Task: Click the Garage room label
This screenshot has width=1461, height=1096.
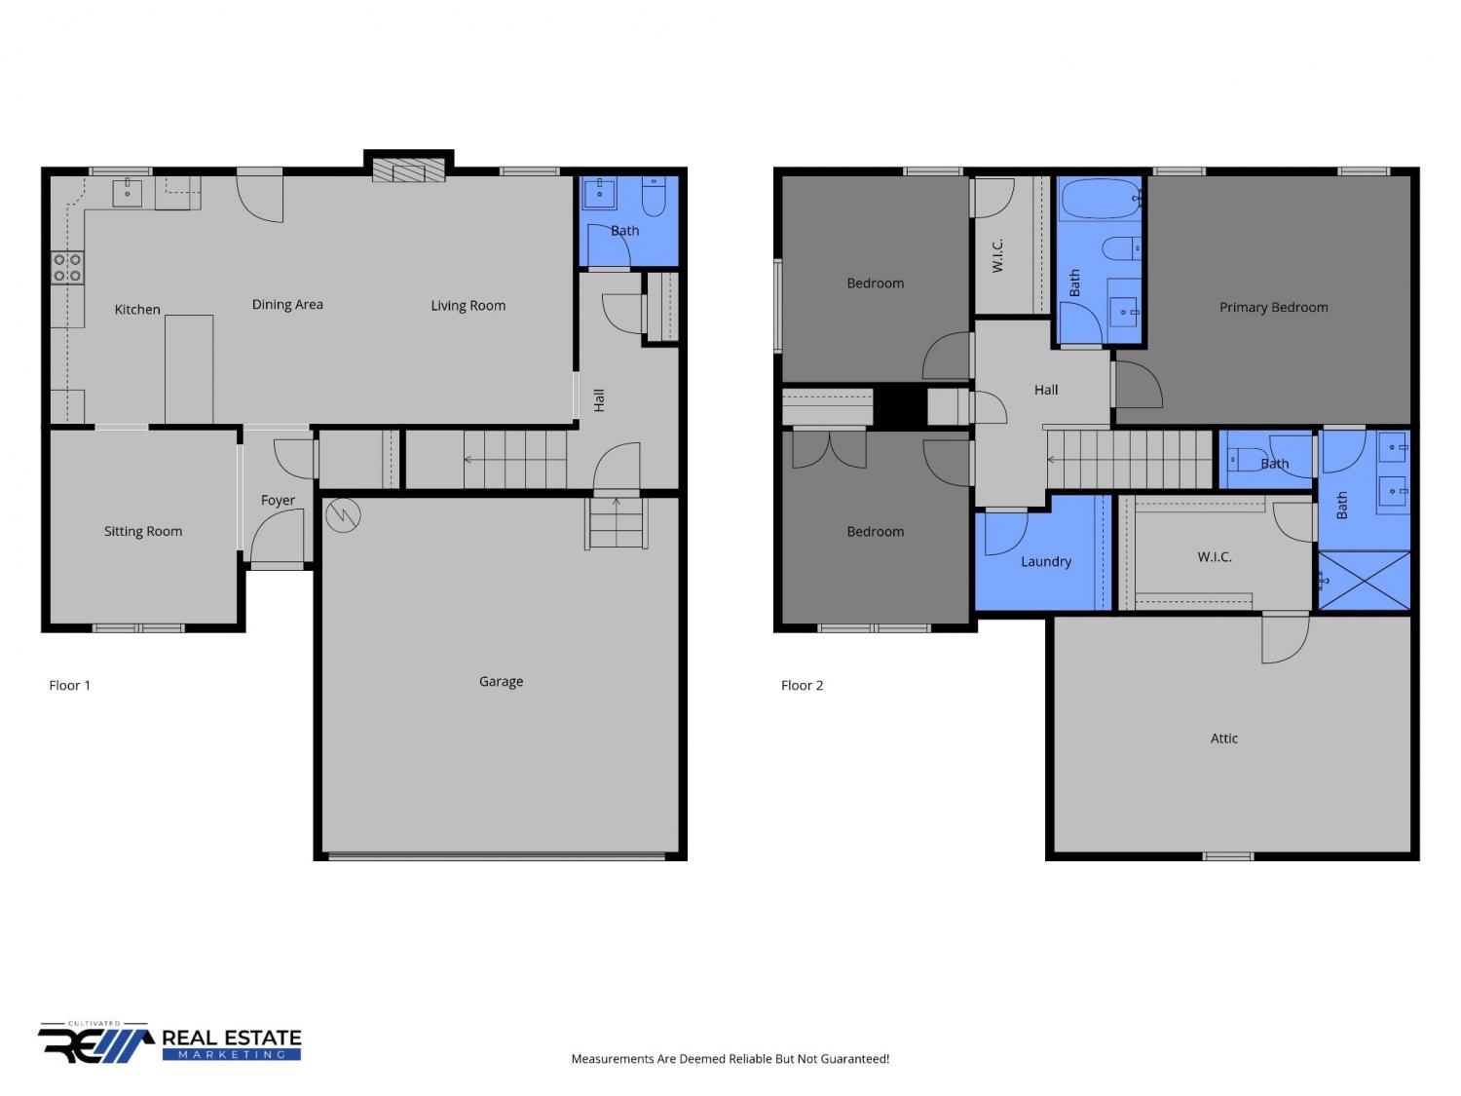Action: [x=501, y=681]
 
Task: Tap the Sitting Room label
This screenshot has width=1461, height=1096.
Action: [x=143, y=531]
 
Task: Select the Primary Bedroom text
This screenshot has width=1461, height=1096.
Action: [x=1273, y=307]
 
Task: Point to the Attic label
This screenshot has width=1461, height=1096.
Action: [x=1223, y=738]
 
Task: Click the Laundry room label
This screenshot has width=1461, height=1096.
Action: [x=1046, y=562]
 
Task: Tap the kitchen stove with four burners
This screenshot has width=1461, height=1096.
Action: [x=67, y=268]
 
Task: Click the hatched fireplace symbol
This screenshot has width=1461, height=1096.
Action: [x=408, y=170]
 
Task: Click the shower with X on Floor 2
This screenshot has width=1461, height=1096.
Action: [x=1364, y=580]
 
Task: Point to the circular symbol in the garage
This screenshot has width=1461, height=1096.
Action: [x=344, y=514]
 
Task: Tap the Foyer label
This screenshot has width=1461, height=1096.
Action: [x=278, y=500]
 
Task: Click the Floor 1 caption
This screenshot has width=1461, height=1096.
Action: [x=69, y=686]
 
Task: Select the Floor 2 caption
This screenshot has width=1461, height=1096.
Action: [x=802, y=686]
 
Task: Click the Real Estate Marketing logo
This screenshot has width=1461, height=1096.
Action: [x=169, y=1043]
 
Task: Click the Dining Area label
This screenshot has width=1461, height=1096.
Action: [x=287, y=304]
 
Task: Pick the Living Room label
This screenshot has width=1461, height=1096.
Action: [x=468, y=306]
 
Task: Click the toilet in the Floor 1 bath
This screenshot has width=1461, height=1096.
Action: [x=654, y=197]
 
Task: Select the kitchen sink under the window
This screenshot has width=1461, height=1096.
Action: [x=127, y=192]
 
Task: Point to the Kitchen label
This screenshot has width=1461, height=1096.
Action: [x=137, y=309]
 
